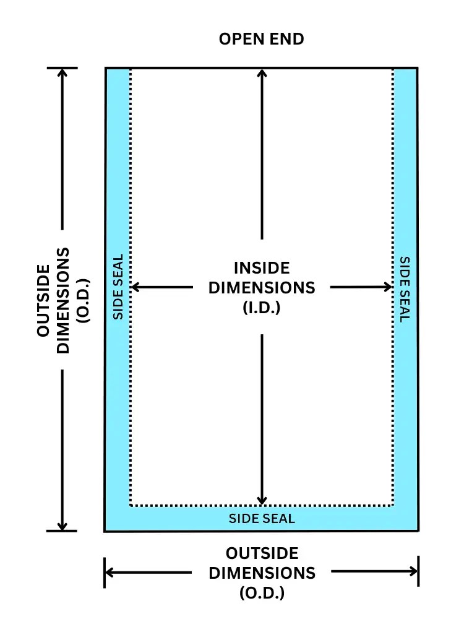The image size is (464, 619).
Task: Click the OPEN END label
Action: click(262, 39)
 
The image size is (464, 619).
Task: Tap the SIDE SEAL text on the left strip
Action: click(118, 287)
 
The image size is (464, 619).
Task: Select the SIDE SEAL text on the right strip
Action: click(405, 289)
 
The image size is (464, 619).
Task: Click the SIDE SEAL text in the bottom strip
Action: click(262, 519)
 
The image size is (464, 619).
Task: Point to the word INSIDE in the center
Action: click(262, 268)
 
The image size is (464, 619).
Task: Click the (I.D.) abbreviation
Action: click(262, 307)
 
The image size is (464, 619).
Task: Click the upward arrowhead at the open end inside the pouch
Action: click(262, 74)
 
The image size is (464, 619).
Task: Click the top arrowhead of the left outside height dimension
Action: click(62, 72)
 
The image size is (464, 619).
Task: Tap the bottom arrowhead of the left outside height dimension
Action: click(62, 526)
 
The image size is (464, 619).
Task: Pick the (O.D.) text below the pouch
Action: click(262, 592)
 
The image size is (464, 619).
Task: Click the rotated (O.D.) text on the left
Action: click(83, 300)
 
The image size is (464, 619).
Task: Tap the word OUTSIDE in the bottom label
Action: click(262, 553)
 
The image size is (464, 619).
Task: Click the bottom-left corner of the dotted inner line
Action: click(131, 506)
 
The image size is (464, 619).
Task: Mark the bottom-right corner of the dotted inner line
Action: click(393, 506)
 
